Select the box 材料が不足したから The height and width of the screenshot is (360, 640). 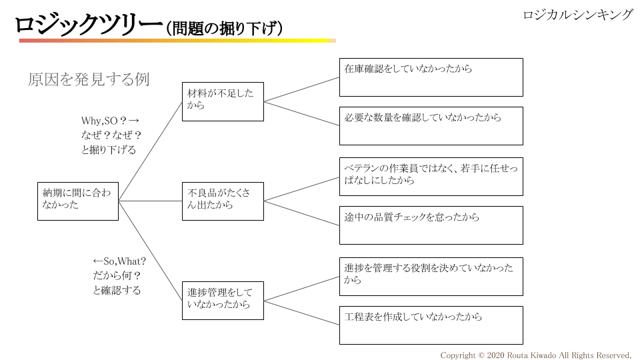point(223,101)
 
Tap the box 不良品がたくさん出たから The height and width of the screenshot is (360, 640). point(223,201)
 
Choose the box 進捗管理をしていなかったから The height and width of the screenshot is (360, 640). point(223,300)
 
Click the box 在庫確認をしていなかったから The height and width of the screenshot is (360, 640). point(431,77)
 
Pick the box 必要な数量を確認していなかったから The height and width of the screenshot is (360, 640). point(431,126)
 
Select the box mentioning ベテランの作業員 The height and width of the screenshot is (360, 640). point(431,176)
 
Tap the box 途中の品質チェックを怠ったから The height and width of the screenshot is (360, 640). point(431,225)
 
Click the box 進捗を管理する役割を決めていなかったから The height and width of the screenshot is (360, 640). point(431,276)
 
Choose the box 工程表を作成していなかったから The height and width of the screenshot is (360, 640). point(431,325)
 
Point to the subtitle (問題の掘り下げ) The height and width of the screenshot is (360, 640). point(225,28)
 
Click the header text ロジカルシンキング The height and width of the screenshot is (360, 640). point(577,15)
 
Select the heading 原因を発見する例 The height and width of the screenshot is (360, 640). point(89,79)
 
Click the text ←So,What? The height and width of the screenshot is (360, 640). point(119,261)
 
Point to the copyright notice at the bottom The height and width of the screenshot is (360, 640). point(536,355)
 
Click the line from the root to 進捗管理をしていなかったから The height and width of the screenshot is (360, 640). point(150,250)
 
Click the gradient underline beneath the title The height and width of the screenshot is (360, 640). point(177,41)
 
